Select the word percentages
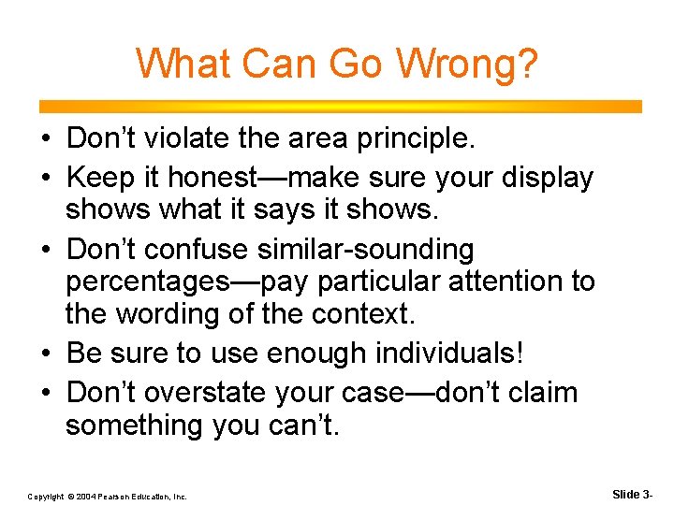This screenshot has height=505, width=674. point(152,281)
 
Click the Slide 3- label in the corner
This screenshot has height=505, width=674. point(636,493)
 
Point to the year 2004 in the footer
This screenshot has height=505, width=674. point(83,497)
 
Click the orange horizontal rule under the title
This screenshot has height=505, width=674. point(337,107)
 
